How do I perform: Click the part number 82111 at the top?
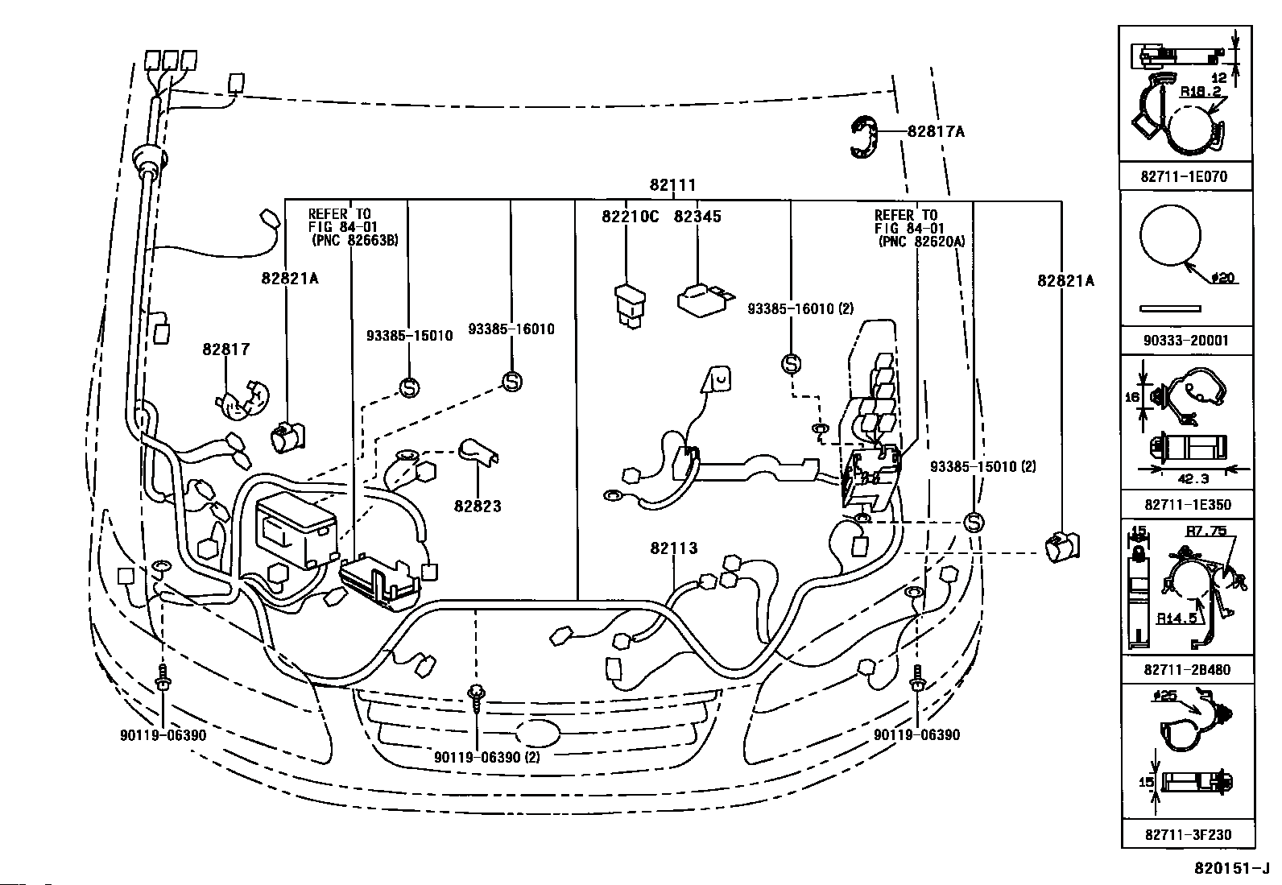click(672, 185)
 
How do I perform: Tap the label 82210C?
click(630, 217)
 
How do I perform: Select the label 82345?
click(697, 217)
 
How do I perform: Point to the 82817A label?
click(936, 131)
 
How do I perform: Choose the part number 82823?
click(478, 506)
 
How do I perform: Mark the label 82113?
click(674, 548)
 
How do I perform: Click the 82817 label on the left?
click(226, 349)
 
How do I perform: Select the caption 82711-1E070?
click(1184, 176)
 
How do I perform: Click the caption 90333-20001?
click(1186, 341)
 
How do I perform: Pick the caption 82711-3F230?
click(1188, 834)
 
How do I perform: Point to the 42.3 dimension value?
click(1193, 478)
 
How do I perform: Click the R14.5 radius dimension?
click(1177, 618)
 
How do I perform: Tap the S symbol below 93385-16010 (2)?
click(791, 364)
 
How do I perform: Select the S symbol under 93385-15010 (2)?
click(974, 523)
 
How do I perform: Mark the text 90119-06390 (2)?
click(486, 757)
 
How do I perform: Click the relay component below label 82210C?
click(630, 306)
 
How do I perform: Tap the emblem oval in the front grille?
click(537, 734)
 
